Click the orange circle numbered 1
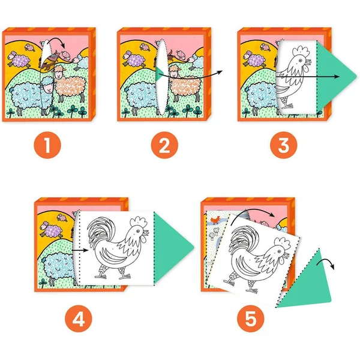coord(47,145)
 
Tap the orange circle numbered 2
coord(164,145)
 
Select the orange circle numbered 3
coord(284,145)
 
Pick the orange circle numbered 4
coord(79,319)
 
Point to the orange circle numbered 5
coord(251,319)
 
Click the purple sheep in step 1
coord(20,60)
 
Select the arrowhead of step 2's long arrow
coord(220,73)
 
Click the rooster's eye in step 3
coord(300,61)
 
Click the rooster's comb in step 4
coord(138,222)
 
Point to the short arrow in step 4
coord(80,250)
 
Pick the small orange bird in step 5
coord(215,220)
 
